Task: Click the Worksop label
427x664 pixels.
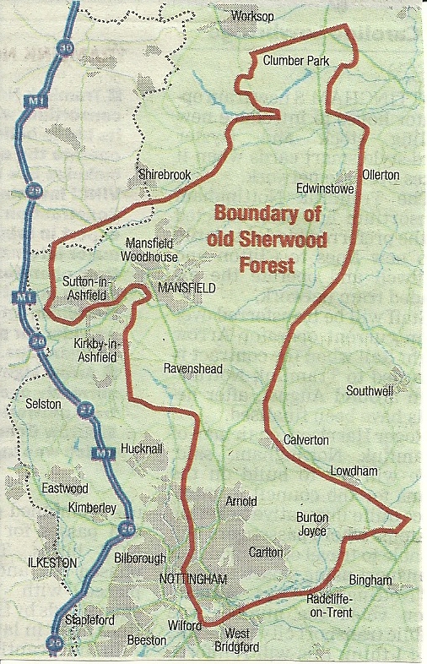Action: point(257,16)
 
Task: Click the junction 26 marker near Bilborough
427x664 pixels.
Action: point(127,530)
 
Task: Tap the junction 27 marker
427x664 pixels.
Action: point(84,410)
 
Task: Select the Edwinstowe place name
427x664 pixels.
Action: point(323,188)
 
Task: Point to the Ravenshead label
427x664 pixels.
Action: point(192,368)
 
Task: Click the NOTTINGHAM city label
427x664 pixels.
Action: point(193,579)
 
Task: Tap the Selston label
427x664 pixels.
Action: point(44,404)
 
